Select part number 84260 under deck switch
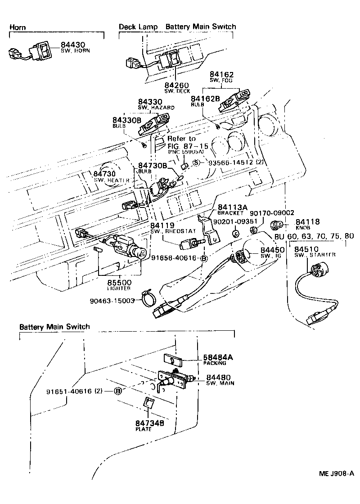[176, 85]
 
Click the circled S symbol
[196, 162]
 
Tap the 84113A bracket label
[233, 207]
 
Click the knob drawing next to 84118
[277, 225]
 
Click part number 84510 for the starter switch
[306, 249]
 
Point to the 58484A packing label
[218, 357]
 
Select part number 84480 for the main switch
[219, 377]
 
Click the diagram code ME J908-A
[337, 473]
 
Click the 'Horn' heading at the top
[18, 27]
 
